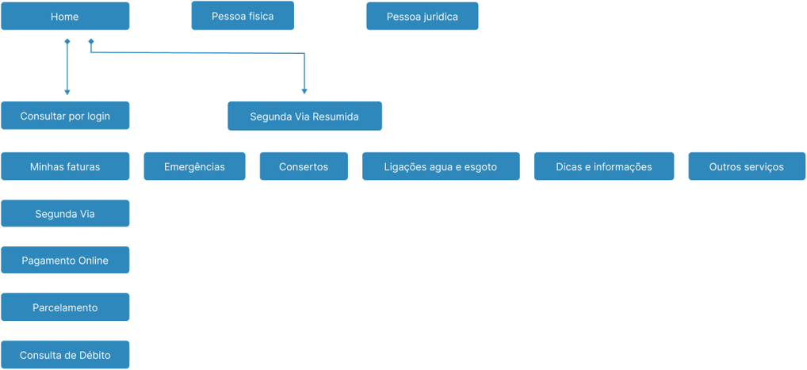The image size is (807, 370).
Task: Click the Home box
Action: (65, 17)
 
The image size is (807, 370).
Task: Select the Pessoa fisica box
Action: (243, 16)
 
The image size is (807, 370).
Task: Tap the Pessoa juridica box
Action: (422, 17)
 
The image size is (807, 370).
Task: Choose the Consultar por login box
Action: (65, 116)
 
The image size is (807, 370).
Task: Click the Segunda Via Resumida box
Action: (304, 116)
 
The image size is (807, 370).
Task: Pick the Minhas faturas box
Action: (65, 166)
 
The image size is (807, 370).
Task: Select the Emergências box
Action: (194, 166)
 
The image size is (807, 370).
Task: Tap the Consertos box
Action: (304, 166)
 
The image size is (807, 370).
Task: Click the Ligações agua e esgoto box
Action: (441, 166)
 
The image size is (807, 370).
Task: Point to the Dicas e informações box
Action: (604, 166)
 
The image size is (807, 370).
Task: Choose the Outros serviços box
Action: (747, 166)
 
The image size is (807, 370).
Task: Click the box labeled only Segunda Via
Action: (65, 214)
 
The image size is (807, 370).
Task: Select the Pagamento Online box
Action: (65, 260)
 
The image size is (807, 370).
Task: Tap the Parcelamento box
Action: (65, 307)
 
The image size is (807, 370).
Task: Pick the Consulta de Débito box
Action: (65, 355)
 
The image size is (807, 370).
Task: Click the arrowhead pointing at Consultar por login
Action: (67, 92)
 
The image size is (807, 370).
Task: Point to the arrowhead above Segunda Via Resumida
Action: (304, 91)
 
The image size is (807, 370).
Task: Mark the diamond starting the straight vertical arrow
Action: (67, 40)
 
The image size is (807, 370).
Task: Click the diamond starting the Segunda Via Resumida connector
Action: (91, 40)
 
